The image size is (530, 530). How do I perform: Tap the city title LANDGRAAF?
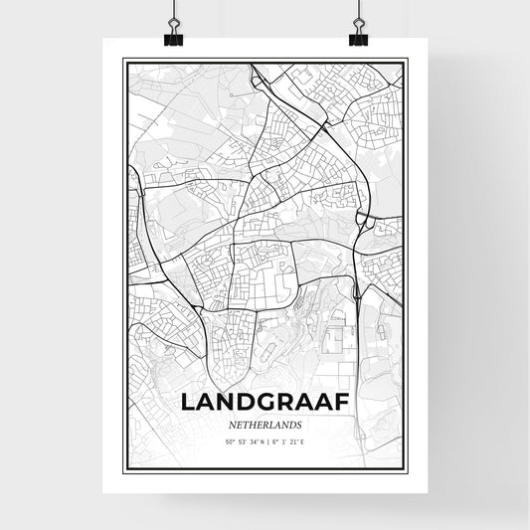265,403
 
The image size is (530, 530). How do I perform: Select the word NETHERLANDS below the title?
265,424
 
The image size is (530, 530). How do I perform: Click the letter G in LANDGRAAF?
265,403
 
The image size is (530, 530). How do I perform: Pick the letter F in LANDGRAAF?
340,403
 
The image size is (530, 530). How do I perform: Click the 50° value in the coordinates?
229,442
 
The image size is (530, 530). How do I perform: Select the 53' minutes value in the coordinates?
242,442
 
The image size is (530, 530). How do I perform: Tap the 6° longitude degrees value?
276,442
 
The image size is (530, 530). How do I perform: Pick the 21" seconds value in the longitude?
294,442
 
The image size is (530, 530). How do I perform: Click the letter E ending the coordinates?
303,442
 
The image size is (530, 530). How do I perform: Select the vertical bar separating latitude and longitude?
268,442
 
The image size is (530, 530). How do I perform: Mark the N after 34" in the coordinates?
263,442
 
